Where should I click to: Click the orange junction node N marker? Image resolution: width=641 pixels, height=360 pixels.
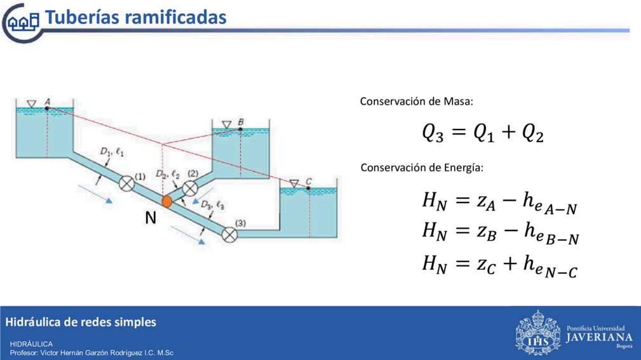[x=167, y=201]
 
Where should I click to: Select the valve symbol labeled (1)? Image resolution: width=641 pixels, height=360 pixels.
[x=126, y=183]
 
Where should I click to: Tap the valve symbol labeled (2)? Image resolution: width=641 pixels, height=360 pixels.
[x=190, y=189]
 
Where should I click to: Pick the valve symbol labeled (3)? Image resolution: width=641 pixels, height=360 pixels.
[x=230, y=235]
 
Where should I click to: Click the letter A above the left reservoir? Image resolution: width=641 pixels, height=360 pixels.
[x=48, y=102]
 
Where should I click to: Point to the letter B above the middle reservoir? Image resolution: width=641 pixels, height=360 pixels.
[x=241, y=122]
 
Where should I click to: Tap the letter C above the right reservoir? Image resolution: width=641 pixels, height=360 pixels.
[x=309, y=181]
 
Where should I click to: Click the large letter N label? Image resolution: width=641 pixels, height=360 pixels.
[x=151, y=218]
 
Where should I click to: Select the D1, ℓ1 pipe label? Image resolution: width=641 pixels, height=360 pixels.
[x=112, y=152]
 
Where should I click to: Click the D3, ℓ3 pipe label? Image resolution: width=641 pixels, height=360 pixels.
[x=213, y=204]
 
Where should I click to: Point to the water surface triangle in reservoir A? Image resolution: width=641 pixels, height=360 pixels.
[x=32, y=103]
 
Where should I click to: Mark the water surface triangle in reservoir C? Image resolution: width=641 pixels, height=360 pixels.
[x=294, y=183]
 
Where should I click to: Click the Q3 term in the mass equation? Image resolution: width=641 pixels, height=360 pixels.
[x=433, y=133]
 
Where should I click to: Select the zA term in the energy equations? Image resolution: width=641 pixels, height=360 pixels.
[x=486, y=202]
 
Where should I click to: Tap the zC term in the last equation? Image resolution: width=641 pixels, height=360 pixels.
[x=486, y=265]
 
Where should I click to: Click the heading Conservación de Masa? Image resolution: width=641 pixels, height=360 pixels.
[x=416, y=102]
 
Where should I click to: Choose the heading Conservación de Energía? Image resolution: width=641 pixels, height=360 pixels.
[x=421, y=168]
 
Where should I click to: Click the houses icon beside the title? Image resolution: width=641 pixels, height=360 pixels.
[x=24, y=21]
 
